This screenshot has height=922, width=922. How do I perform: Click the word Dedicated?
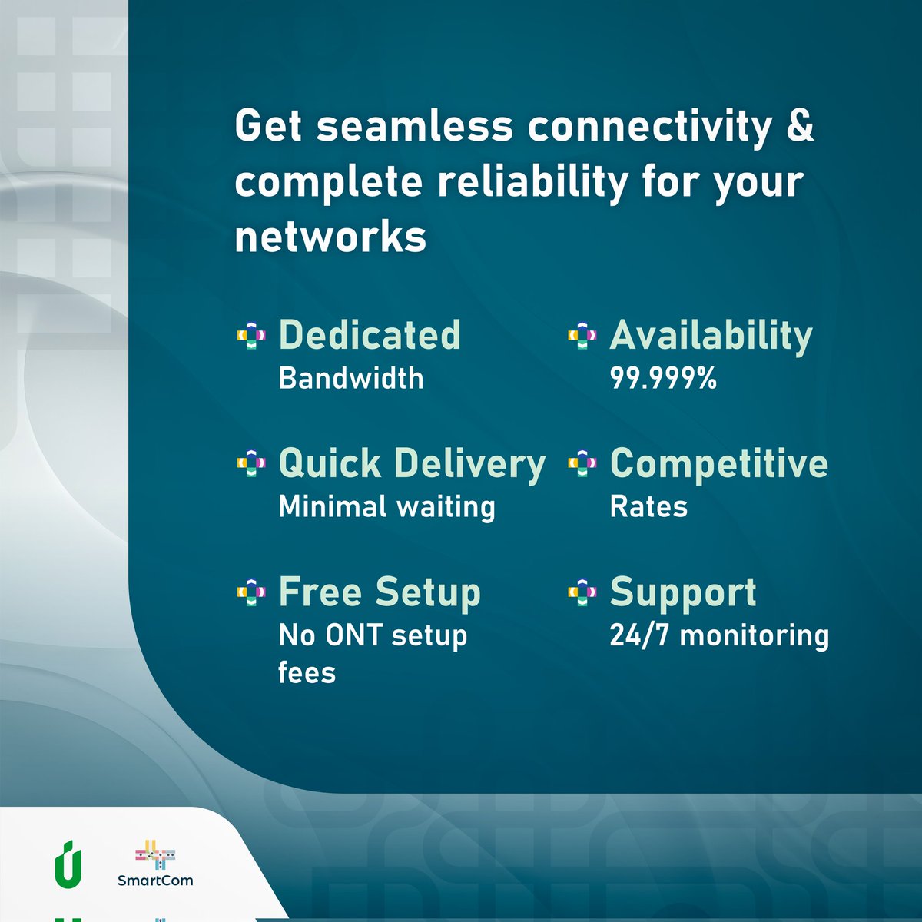(370, 335)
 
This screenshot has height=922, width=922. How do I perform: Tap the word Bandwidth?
(350, 378)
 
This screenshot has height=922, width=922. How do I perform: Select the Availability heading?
(711, 336)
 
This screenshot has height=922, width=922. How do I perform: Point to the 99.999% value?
(663, 378)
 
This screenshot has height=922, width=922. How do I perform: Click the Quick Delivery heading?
(412, 464)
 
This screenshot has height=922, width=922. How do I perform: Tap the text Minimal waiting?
(386, 507)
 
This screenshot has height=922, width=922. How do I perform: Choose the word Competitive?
(718, 463)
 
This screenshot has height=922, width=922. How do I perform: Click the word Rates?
(648, 507)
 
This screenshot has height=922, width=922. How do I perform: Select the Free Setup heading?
(380, 592)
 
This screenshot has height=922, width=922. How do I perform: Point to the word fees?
(307, 673)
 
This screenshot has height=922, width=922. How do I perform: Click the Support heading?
(683, 592)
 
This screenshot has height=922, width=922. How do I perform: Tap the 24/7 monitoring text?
(719, 635)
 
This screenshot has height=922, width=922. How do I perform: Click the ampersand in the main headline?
(801, 126)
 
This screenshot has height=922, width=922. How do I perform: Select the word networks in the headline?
(330, 237)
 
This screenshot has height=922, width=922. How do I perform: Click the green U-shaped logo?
(68, 864)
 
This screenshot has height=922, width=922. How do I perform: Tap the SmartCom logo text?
(155, 881)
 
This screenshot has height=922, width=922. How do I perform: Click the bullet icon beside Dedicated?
(250, 336)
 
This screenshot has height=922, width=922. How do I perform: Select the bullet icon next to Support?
(582, 592)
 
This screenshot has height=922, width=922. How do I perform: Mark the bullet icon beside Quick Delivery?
(250, 463)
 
